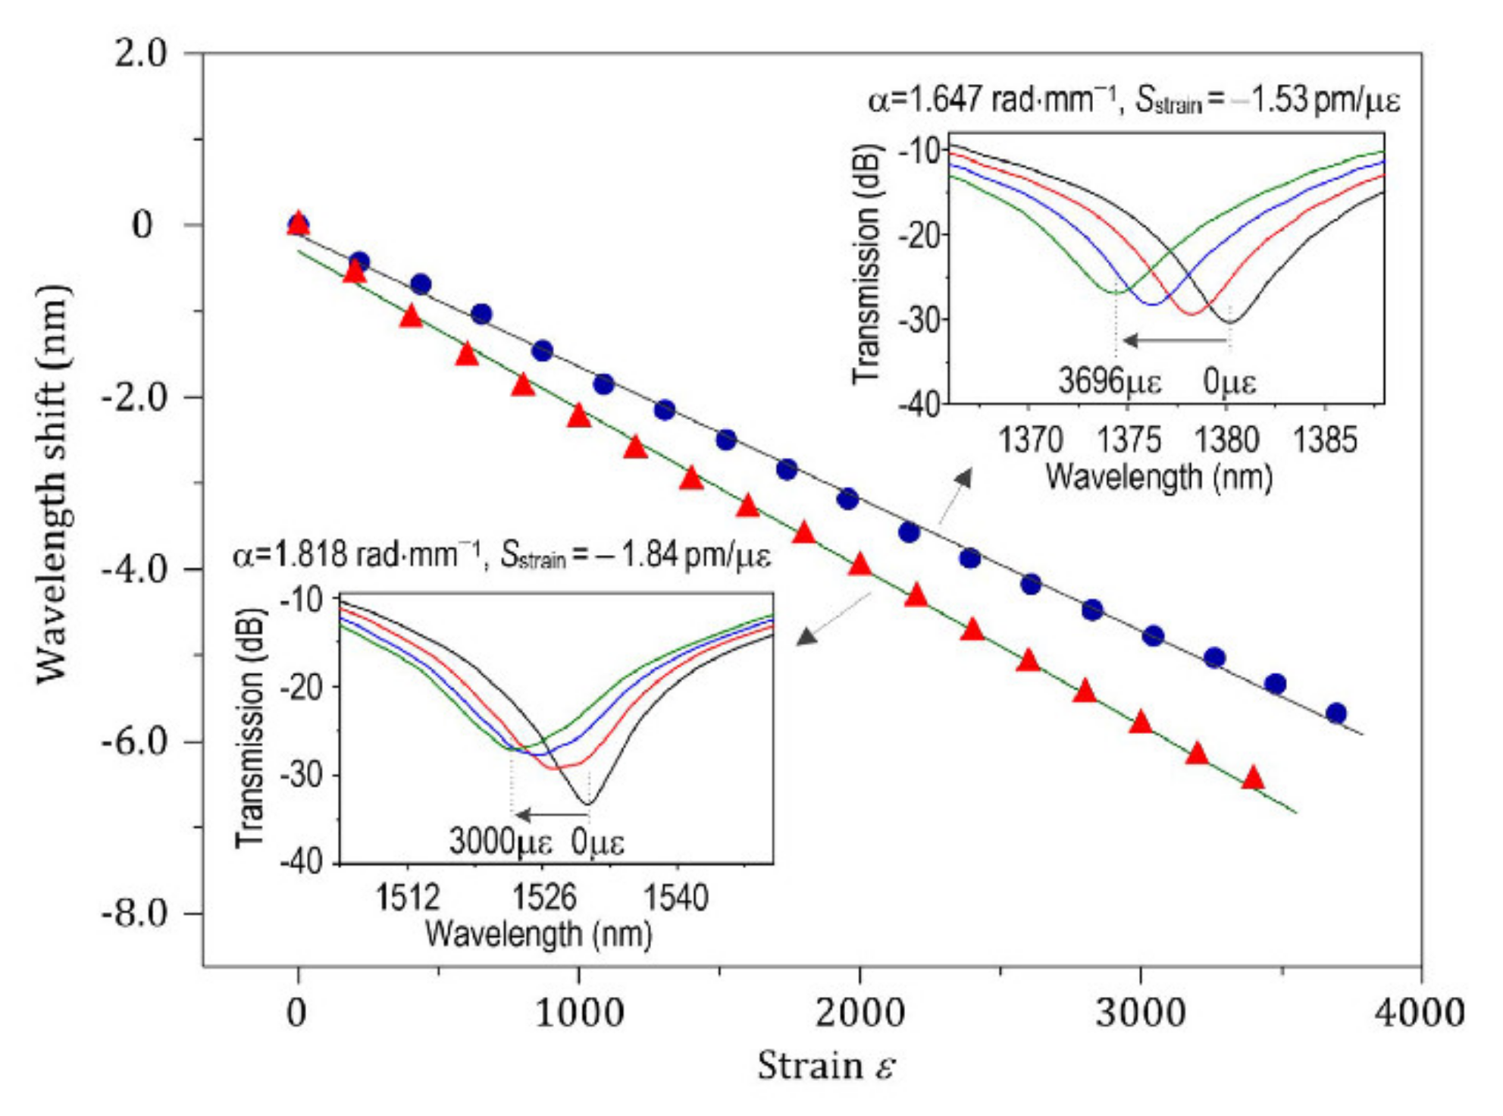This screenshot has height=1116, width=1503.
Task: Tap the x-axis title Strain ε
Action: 826,1065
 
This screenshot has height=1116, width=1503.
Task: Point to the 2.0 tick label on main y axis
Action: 141,55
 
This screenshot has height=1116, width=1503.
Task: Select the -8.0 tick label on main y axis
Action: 134,914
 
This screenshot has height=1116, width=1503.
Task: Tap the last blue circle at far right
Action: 1336,713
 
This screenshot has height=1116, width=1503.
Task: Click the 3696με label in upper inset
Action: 1110,381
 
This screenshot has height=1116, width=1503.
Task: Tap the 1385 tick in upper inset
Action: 1324,440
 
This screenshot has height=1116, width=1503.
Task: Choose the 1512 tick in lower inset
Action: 408,898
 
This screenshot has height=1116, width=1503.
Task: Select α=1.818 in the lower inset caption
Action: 291,556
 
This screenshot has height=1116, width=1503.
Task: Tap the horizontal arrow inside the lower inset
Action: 551,815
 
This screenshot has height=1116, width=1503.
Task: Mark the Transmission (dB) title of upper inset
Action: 866,265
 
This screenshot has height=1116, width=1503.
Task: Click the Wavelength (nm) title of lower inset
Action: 538,934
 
